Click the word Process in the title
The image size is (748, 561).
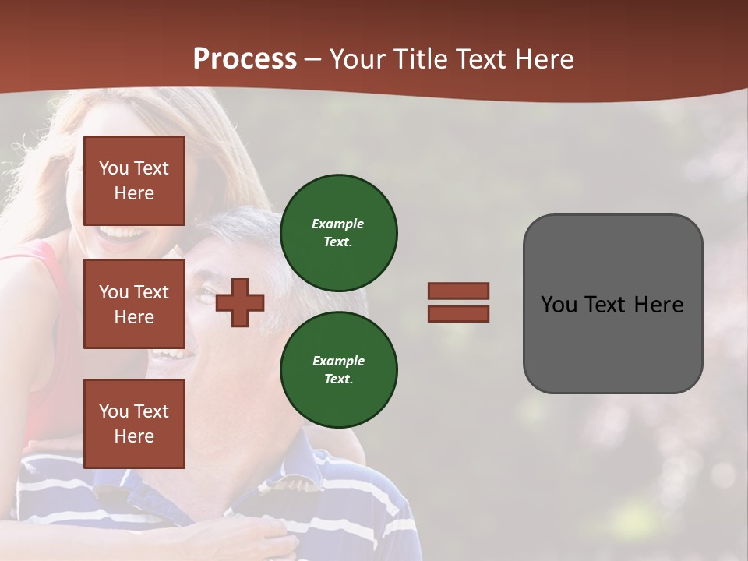[245, 58]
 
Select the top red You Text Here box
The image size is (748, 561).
[134, 181]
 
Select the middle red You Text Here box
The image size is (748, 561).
[134, 304]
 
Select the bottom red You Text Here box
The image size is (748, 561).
[134, 423]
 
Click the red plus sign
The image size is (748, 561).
[240, 302]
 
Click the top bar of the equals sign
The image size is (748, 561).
[458, 291]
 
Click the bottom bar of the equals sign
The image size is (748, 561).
[458, 313]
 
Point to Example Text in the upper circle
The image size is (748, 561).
[338, 233]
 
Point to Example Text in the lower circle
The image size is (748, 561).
[338, 370]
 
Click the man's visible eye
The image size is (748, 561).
[205, 294]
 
